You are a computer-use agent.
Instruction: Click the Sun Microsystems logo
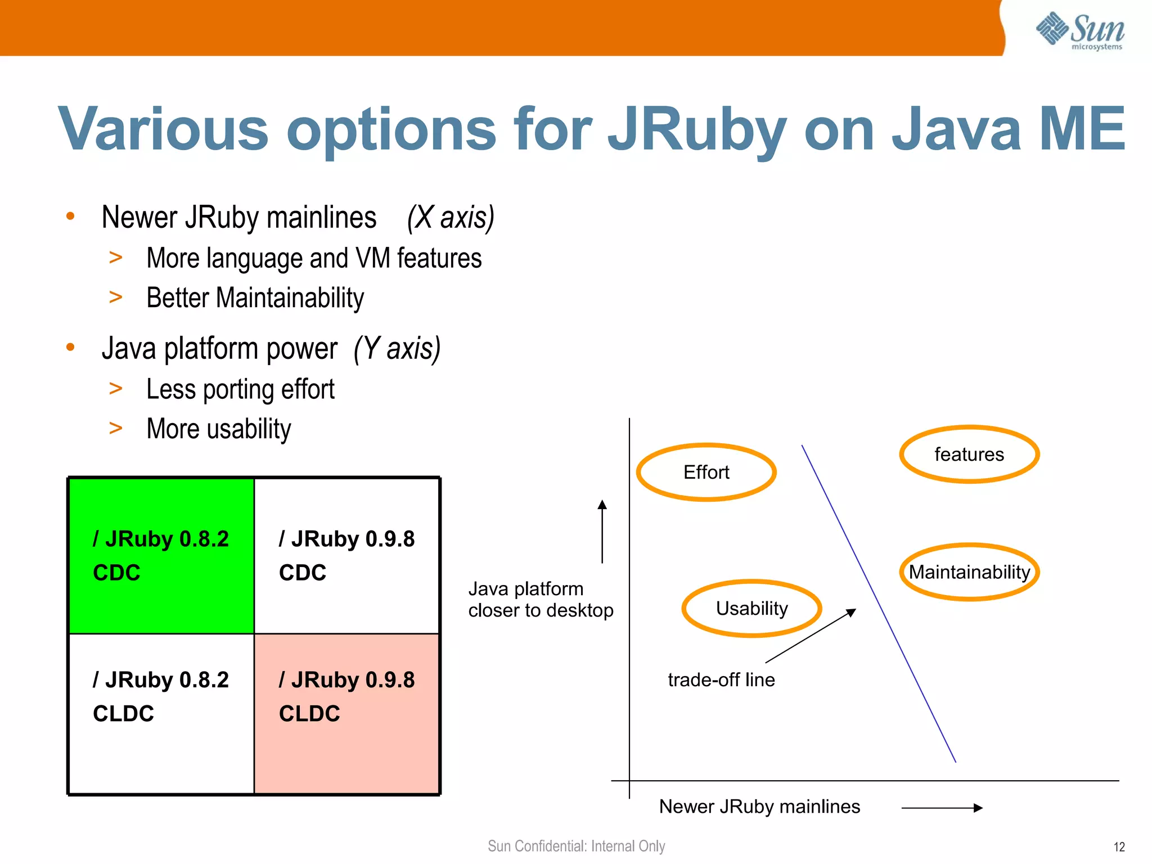(1080, 31)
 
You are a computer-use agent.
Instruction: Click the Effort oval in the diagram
(706, 472)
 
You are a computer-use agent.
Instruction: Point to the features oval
(969, 454)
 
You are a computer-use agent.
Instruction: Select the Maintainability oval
(969, 572)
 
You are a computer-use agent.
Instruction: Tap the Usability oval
(751, 608)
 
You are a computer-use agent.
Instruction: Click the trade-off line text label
(721, 679)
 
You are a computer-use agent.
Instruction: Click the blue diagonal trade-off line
(878, 603)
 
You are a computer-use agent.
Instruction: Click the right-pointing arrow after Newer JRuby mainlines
(942, 808)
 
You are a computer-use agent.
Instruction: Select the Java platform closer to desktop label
(540, 600)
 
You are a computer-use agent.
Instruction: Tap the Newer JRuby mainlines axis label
(759, 807)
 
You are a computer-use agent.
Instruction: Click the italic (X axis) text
(451, 218)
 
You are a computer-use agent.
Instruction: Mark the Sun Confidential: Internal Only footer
(576, 846)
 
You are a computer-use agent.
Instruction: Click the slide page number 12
(1119, 847)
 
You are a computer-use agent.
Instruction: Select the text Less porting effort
(240, 389)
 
